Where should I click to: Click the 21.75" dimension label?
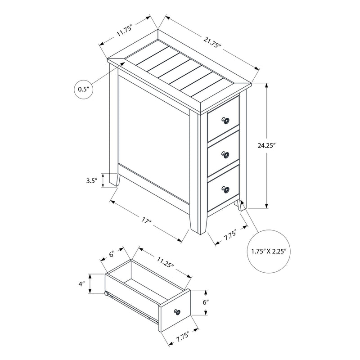[x=211, y=43]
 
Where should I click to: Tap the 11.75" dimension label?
[x=124, y=32]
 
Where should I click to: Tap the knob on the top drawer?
[x=225, y=121]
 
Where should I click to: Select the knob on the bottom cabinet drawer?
[x=225, y=190]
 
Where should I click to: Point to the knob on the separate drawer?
[x=176, y=312]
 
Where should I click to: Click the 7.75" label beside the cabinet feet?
[x=230, y=236]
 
